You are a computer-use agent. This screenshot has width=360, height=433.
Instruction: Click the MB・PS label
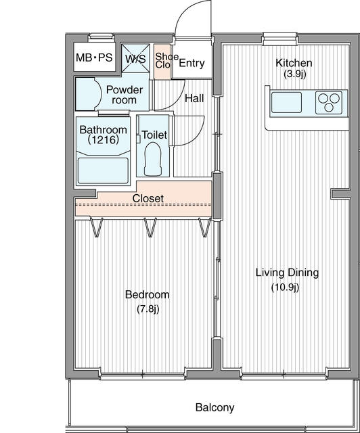94,58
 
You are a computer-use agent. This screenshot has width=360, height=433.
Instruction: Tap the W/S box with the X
135,58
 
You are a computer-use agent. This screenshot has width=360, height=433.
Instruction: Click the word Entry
192,63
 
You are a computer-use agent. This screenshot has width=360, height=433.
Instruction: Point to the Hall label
194,98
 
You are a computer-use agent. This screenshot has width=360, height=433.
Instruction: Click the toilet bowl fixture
152,159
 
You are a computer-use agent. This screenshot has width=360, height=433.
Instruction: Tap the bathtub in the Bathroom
103,170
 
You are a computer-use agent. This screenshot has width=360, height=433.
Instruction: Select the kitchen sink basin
286,102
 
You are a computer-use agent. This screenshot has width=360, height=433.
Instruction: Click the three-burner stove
329,102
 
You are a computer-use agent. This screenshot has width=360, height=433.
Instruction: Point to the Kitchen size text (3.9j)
295,74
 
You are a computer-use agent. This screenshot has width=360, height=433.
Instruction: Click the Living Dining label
287,273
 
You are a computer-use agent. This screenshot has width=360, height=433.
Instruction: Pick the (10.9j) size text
286,288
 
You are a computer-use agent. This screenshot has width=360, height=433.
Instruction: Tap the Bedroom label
148,295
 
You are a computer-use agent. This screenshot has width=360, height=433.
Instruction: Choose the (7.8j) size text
148,309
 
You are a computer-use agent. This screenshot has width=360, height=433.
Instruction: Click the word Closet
148,198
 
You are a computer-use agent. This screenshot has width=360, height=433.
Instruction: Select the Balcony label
215,407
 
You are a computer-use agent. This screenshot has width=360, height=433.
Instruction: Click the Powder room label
125,95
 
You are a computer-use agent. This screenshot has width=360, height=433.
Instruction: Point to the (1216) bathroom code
104,140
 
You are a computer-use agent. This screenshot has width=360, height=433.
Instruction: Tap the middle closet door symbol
151,227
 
